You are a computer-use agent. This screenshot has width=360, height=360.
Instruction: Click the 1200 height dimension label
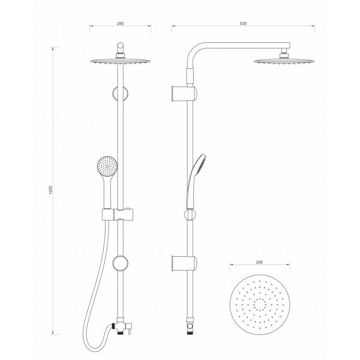51,191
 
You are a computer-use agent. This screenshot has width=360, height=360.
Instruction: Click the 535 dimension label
243,23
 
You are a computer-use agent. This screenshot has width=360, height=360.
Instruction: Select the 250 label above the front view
120,23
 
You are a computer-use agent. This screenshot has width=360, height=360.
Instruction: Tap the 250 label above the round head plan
259,262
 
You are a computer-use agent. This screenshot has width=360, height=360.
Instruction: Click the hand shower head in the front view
107,166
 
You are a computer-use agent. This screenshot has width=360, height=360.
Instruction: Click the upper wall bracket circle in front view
120,94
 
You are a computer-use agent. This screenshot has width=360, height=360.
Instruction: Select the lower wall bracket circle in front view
120,263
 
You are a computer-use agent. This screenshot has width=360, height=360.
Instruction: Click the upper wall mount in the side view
184,94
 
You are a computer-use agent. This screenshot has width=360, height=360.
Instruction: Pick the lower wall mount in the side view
184,263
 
